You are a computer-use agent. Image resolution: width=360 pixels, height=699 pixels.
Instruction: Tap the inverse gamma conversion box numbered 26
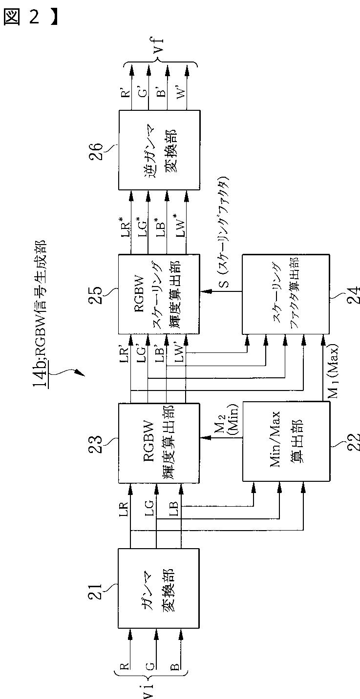coord(159,149)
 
